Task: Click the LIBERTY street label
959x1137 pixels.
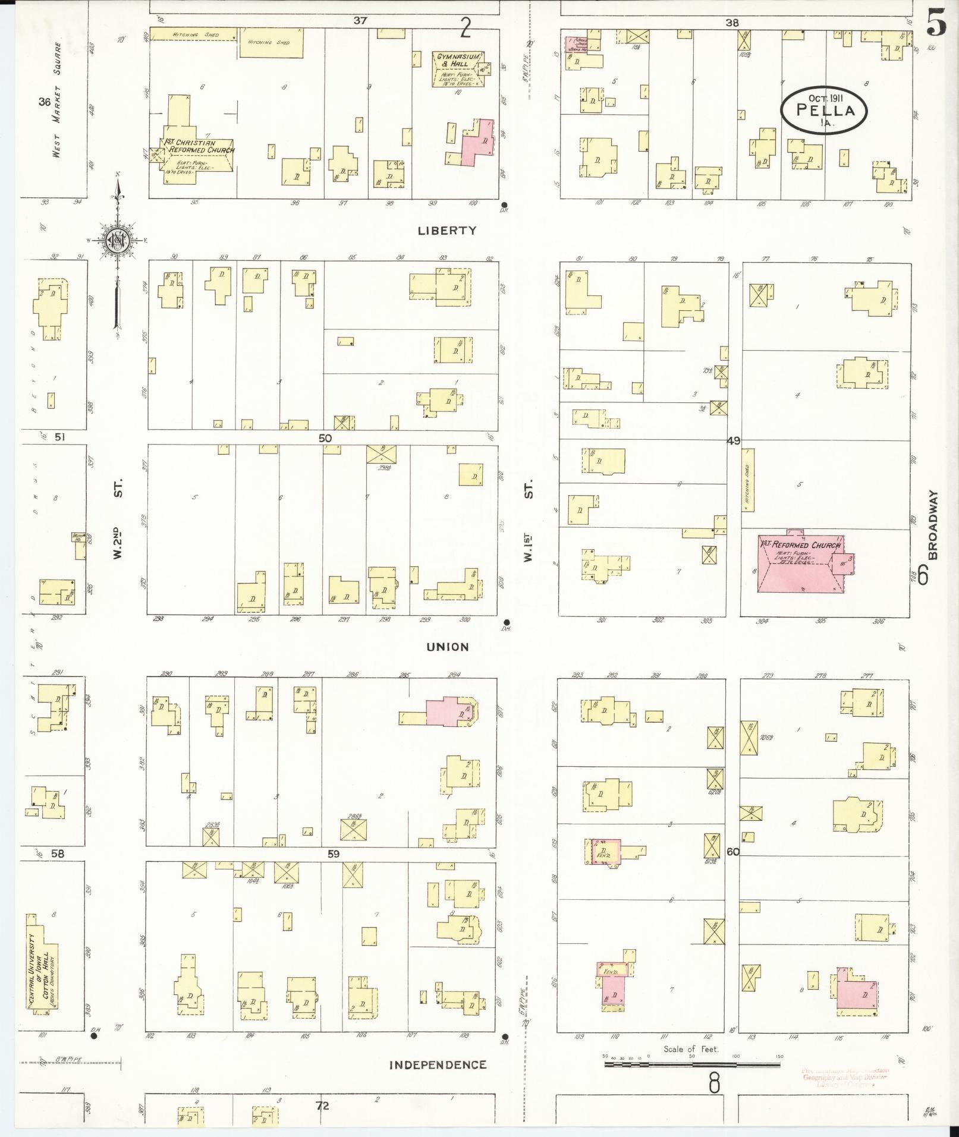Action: tap(447, 231)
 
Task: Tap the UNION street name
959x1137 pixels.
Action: tap(447, 647)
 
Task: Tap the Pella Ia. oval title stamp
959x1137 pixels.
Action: tap(824, 110)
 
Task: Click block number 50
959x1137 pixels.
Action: tap(325, 438)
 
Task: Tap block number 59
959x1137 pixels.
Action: tap(332, 854)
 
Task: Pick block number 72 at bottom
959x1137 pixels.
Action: tap(322, 1106)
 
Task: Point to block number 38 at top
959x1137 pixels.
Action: tap(731, 23)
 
